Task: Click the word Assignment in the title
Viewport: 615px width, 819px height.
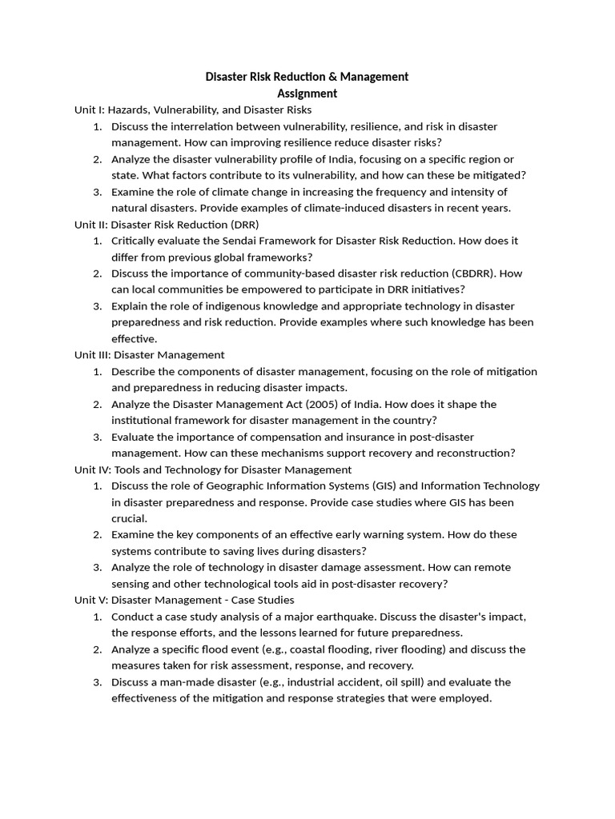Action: point(307,93)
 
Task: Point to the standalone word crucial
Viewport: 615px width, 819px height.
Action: point(130,518)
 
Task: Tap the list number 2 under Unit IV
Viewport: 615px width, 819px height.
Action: point(97,534)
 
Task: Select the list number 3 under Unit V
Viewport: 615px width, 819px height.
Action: point(97,682)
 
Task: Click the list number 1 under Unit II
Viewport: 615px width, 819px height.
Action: point(97,240)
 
